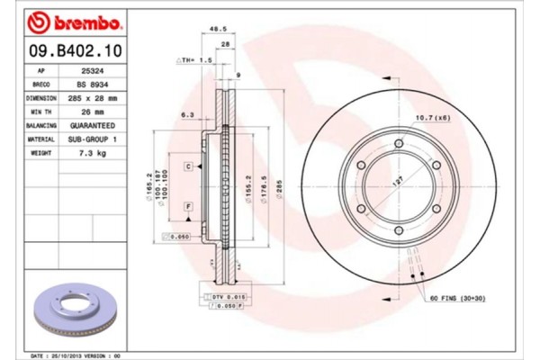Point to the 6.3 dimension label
[187, 114]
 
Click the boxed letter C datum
[189, 167]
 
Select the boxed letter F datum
[189, 206]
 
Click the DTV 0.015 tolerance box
[224, 296]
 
